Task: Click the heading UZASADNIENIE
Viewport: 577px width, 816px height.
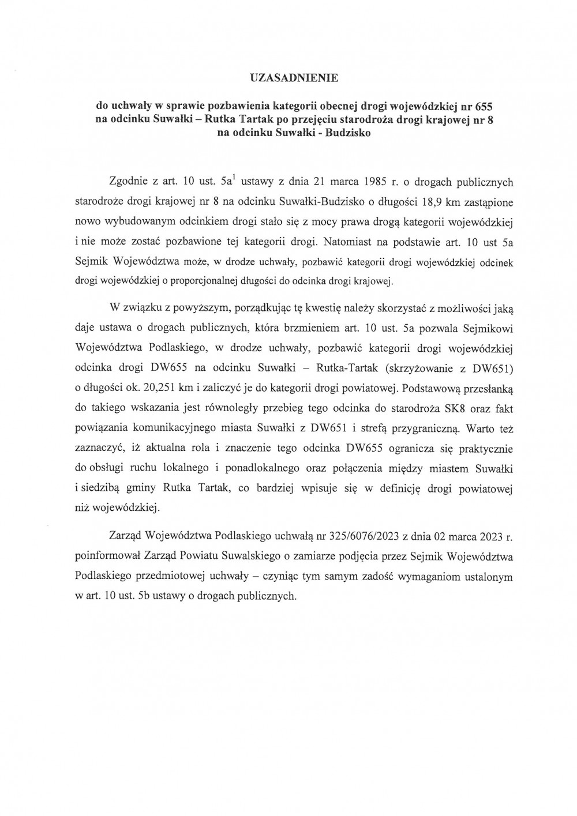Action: pos(288,77)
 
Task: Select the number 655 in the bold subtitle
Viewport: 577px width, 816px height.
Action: pos(483,107)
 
